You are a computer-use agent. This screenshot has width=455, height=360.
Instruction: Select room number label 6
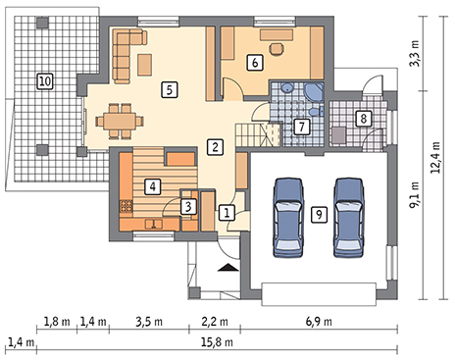click(x=255, y=62)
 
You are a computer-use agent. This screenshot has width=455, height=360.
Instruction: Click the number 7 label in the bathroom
click(x=301, y=127)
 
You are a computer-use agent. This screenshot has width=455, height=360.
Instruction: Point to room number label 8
click(x=363, y=119)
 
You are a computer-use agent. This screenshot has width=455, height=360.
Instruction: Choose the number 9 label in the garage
click(x=317, y=213)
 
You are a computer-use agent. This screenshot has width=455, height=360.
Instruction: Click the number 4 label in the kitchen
click(x=152, y=184)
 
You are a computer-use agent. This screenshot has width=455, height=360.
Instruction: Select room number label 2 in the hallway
click(x=214, y=148)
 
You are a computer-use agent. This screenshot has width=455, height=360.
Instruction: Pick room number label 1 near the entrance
click(x=226, y=211)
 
